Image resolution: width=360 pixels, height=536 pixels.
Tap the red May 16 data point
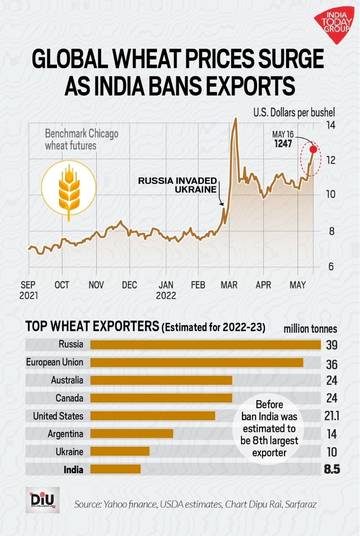pos(313,149)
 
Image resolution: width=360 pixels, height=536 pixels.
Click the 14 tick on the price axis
pos(331,125)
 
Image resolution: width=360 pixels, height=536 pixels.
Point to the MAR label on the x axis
pos(229,285)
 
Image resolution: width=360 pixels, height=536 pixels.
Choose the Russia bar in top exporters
pos(205,345)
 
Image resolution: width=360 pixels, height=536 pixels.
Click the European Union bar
pos(197,363)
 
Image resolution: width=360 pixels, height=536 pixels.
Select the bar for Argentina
pos(131,434)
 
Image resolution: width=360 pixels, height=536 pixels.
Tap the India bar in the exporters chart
pos(116,469)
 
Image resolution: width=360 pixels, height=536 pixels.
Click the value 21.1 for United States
pos(331,416)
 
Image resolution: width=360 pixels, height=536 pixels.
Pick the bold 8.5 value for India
pos(331,469)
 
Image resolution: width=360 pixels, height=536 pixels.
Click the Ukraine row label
pos(69,452)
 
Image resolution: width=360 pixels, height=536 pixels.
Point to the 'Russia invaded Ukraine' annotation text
pos(178,185)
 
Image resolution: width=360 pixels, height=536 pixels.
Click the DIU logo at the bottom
pos(43,500)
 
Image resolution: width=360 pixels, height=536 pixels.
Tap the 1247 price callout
pos(283,143)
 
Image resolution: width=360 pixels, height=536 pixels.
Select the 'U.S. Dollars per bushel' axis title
pos(294,113)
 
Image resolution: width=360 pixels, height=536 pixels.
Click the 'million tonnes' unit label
pos(310,329)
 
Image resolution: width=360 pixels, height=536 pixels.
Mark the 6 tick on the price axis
pos(331,267)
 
